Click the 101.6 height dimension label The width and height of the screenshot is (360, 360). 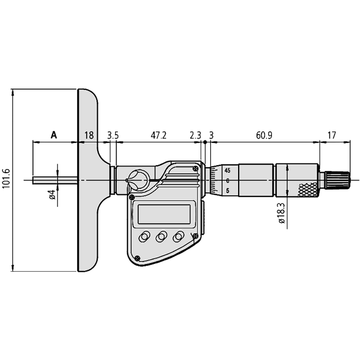tap(5, 179)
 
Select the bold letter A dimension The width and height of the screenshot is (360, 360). tap(54, 135)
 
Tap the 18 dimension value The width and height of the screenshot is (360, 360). tap(89, 135)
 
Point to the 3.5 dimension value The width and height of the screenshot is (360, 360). tap(113, 135)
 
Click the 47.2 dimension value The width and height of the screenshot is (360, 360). tap(158, 135)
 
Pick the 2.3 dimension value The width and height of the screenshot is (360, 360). tap(195, 135)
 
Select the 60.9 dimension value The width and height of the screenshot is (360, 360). tap(264, 135)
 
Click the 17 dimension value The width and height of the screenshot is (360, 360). tap(332, 135)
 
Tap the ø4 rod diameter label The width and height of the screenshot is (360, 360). tap(52, 195)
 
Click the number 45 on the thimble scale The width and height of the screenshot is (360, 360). tap(227, 170)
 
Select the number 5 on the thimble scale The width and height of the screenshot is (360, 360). tap(228, 191)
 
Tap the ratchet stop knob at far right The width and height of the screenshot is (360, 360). tap(338, 180)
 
